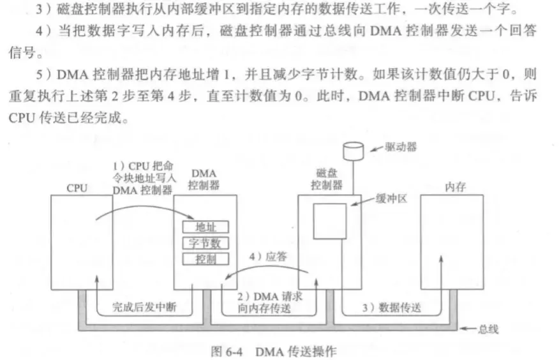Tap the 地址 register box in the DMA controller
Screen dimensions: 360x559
(205, 227)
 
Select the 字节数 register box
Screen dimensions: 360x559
(205, 243)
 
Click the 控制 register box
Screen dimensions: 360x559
(205, 259)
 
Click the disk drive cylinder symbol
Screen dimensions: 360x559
(353, 152)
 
